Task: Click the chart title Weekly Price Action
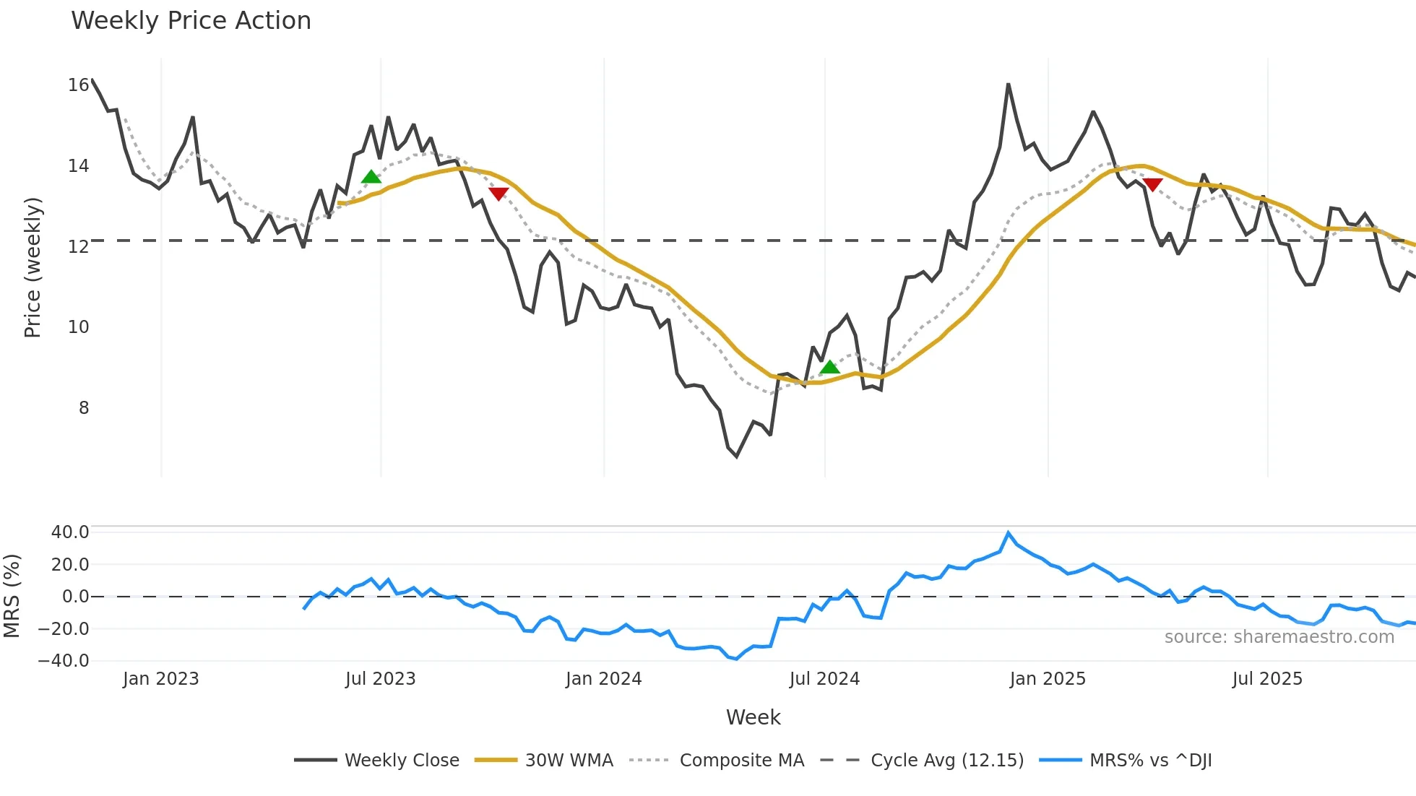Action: click(x=191, y=21)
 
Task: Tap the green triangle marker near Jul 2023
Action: click(x=371, y=177)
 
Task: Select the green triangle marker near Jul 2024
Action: click(x=830, y=367)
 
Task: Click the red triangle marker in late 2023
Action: click(x=498, y=194)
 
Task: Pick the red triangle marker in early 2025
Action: click(x=1153, y=185)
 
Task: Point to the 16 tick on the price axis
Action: click(x=78, y=85)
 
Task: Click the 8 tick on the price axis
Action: click(x=84, y=408)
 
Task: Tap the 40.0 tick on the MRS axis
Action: click(x=70, y=532)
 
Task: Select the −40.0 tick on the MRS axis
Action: click(x=64, y=661)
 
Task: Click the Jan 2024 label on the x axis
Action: click(x=603, y=679)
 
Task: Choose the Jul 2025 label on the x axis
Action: click(x=1267, y=679)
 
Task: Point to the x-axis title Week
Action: click(x=753, y=717)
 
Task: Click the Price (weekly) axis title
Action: click(x=33, y=267)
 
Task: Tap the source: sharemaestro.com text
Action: click(x=1279, y=637)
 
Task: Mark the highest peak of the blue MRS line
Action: click(x=1009, y=533)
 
